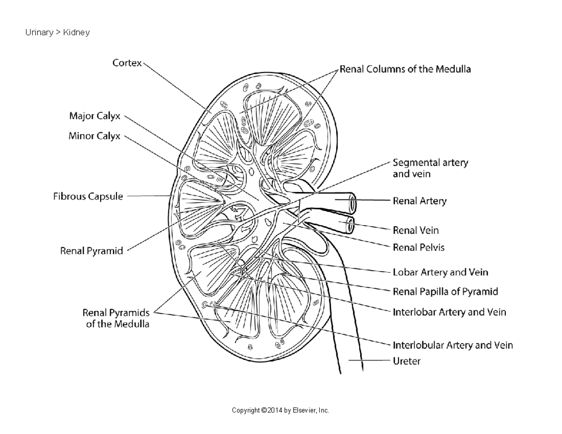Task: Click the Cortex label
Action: pyautogui.click(x=126, y=63)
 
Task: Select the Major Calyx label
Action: pyautogui.click(x=95, y=115)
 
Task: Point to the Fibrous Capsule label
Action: pyautogui.click(x=88, y=197)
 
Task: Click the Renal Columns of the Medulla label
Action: pyautogui.click(x=405, y=69)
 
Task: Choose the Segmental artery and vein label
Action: pyautogui.click(x=430, y=168)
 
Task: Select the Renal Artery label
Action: pyautogui.click(x=419, y=201)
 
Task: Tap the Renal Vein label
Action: pyautogui.click(x=415, y=230)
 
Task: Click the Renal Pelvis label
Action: pyautogui.click(x=418, y=247)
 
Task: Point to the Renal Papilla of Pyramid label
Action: pyautogui.click(x=445, y=292)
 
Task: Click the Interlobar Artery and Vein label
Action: pyautogui.click(x=449, y=311)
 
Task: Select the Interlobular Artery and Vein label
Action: pyautogui.click(x=452, y=346)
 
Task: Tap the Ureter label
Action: pyautogui.click(x=406, y=361)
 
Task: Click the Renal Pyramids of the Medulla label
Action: pyautogui.click(x=116, y=318)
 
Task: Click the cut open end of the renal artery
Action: pyautogui.click(x=352, y=204)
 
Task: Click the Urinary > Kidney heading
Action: pyautogui.click(x=58, y=33)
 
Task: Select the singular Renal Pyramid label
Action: pyautogui.click(x=91, y=251)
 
